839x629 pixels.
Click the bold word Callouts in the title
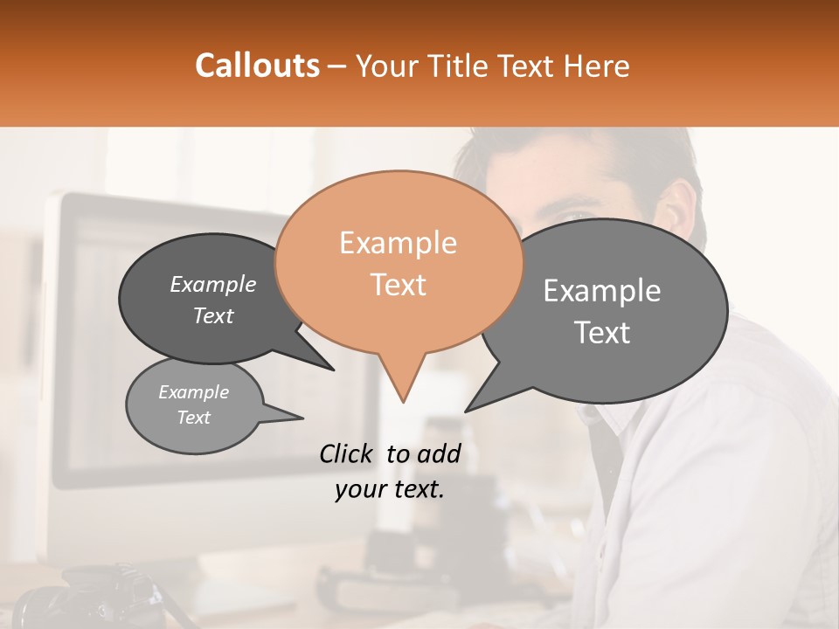[x=257, y=66]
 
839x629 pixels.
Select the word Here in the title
[x=595, y=66]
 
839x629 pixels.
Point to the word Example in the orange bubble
[x=398, y=243]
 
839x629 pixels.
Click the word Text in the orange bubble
[x=398, y=285]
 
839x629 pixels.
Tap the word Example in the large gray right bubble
[x=601, y=291]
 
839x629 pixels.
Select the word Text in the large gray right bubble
[x=601, y=333]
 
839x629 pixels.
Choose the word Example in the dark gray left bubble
[x=212, y=284]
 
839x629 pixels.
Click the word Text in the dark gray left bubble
[x=212, y=315]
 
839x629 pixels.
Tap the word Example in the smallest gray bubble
[x=193, y=392]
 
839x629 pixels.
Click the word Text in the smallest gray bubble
[x=193, y=418]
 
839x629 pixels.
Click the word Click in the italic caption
[x=347, y=453]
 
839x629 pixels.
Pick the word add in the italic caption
[x=439, y=453]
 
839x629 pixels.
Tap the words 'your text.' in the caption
[x=389, y=489]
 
